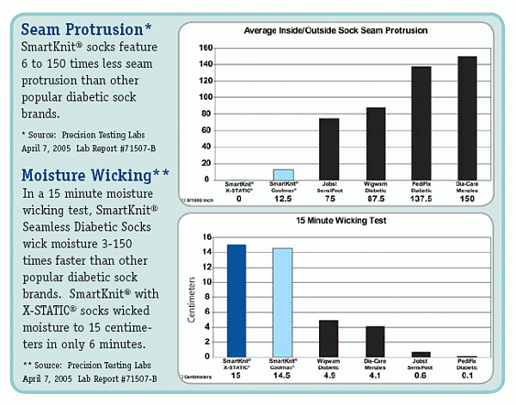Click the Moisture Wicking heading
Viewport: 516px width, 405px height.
[95, 176]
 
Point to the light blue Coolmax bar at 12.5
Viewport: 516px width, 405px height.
[284, 175]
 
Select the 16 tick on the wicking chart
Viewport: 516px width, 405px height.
[207, 237]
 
